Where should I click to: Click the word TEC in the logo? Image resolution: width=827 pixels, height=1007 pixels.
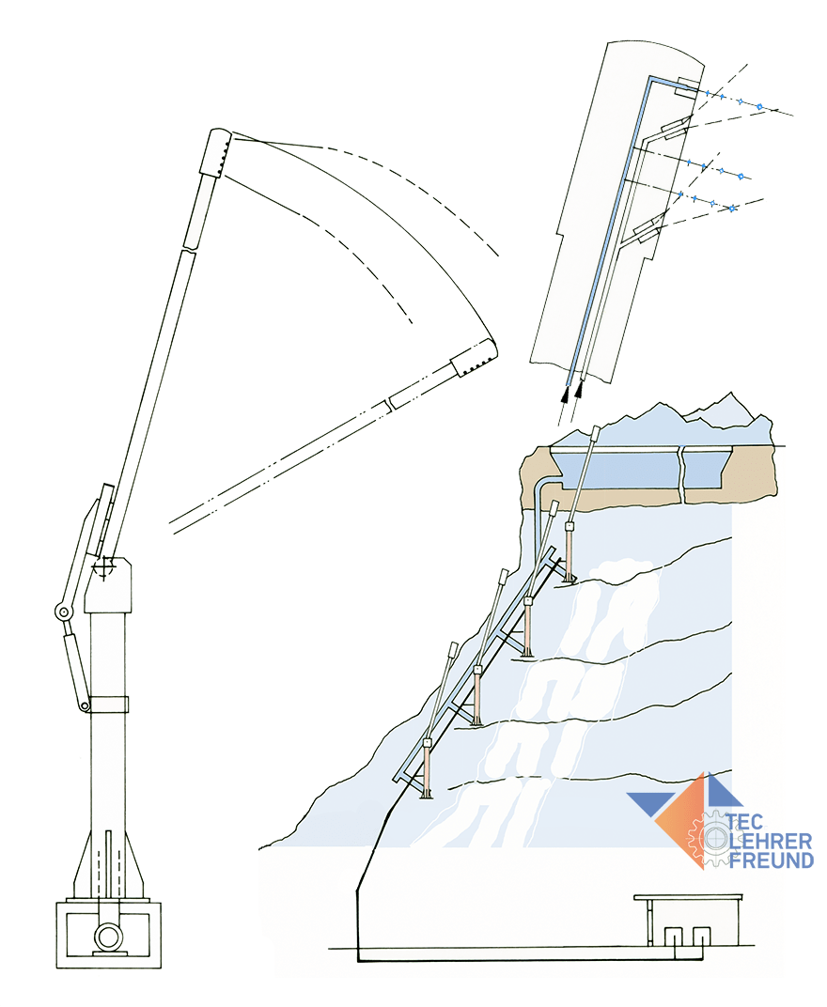744,821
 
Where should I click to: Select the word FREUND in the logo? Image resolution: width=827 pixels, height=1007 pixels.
772,860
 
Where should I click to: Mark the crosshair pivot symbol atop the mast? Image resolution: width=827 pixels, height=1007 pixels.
103,568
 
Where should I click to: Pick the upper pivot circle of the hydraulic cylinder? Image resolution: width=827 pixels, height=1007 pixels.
63,612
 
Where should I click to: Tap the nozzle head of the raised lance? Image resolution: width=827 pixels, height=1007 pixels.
215,152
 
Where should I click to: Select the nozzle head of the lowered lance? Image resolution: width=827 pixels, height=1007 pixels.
475,357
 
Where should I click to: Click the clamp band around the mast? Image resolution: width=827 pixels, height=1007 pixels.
109,704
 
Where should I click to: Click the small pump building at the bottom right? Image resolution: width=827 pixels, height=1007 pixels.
688,921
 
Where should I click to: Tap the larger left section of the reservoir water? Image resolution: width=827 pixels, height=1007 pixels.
616,470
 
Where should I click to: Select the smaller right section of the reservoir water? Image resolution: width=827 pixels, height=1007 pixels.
706,470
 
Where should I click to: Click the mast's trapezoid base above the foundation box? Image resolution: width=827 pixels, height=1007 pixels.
109,865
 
